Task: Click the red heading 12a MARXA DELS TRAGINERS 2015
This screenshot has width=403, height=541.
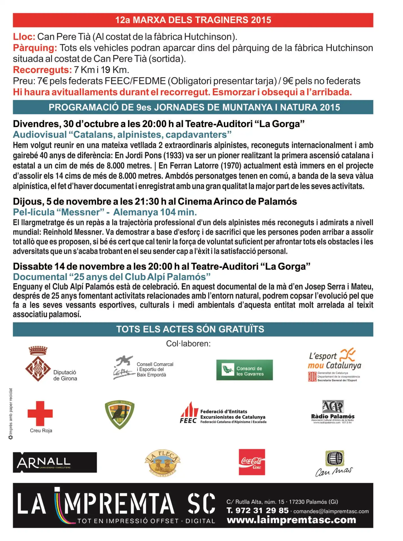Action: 193,20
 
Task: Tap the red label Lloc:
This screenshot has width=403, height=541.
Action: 24,37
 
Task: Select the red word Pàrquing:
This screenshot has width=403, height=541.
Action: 35,48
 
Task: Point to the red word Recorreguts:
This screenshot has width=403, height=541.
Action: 42,70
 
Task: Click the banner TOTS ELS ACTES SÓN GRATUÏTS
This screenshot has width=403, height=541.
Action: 190,329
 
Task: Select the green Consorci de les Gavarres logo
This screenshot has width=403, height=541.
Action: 244,370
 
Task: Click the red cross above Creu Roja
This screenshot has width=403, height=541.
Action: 40,413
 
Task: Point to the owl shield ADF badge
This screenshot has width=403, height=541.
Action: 119,414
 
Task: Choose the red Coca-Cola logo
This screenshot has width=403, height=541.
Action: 252,462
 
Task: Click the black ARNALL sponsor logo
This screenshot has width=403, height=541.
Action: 55,462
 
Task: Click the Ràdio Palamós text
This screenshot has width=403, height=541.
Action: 333,416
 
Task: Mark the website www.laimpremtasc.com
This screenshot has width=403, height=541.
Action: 291,520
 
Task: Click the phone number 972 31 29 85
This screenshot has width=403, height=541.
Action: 262,511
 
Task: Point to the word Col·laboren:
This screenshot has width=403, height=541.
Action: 188,344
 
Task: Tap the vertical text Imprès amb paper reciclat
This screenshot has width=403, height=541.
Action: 11,411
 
